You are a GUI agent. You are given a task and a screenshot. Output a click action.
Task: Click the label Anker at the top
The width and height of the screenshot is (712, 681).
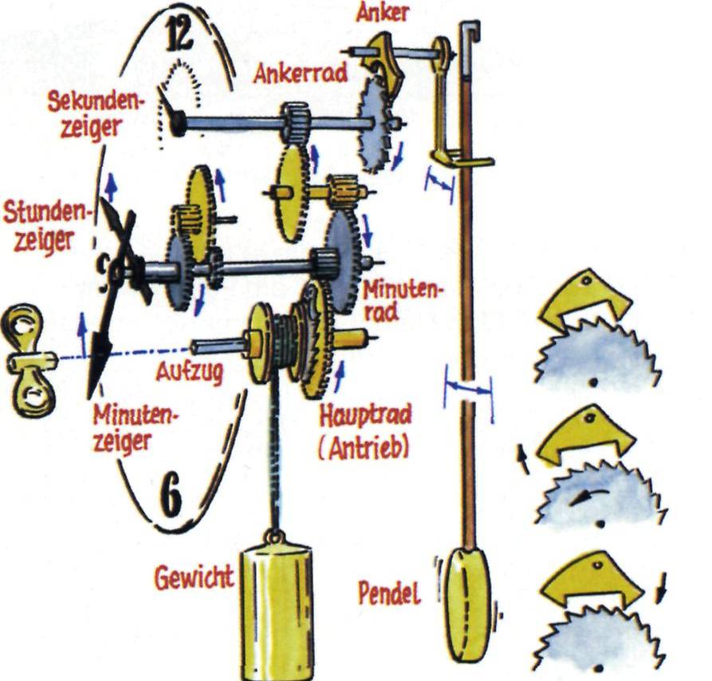382,12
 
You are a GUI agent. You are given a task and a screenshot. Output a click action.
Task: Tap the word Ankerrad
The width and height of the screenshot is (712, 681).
301,73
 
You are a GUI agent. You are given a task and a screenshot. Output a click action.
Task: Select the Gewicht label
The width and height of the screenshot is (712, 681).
195,578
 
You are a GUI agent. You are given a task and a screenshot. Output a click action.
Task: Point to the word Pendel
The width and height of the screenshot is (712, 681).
390,593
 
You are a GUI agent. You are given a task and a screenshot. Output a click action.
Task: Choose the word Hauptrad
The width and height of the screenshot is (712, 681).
365,415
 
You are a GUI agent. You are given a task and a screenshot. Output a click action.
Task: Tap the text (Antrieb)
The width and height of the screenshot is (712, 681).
364,448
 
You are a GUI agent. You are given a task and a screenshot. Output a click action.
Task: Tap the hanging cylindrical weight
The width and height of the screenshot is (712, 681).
277,612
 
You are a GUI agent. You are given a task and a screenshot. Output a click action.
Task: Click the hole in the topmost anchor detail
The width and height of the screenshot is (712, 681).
587,281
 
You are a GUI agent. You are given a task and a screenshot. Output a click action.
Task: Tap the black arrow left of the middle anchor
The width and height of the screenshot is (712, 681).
523,459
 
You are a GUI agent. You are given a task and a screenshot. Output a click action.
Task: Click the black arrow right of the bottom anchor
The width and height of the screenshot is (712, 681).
662,588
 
